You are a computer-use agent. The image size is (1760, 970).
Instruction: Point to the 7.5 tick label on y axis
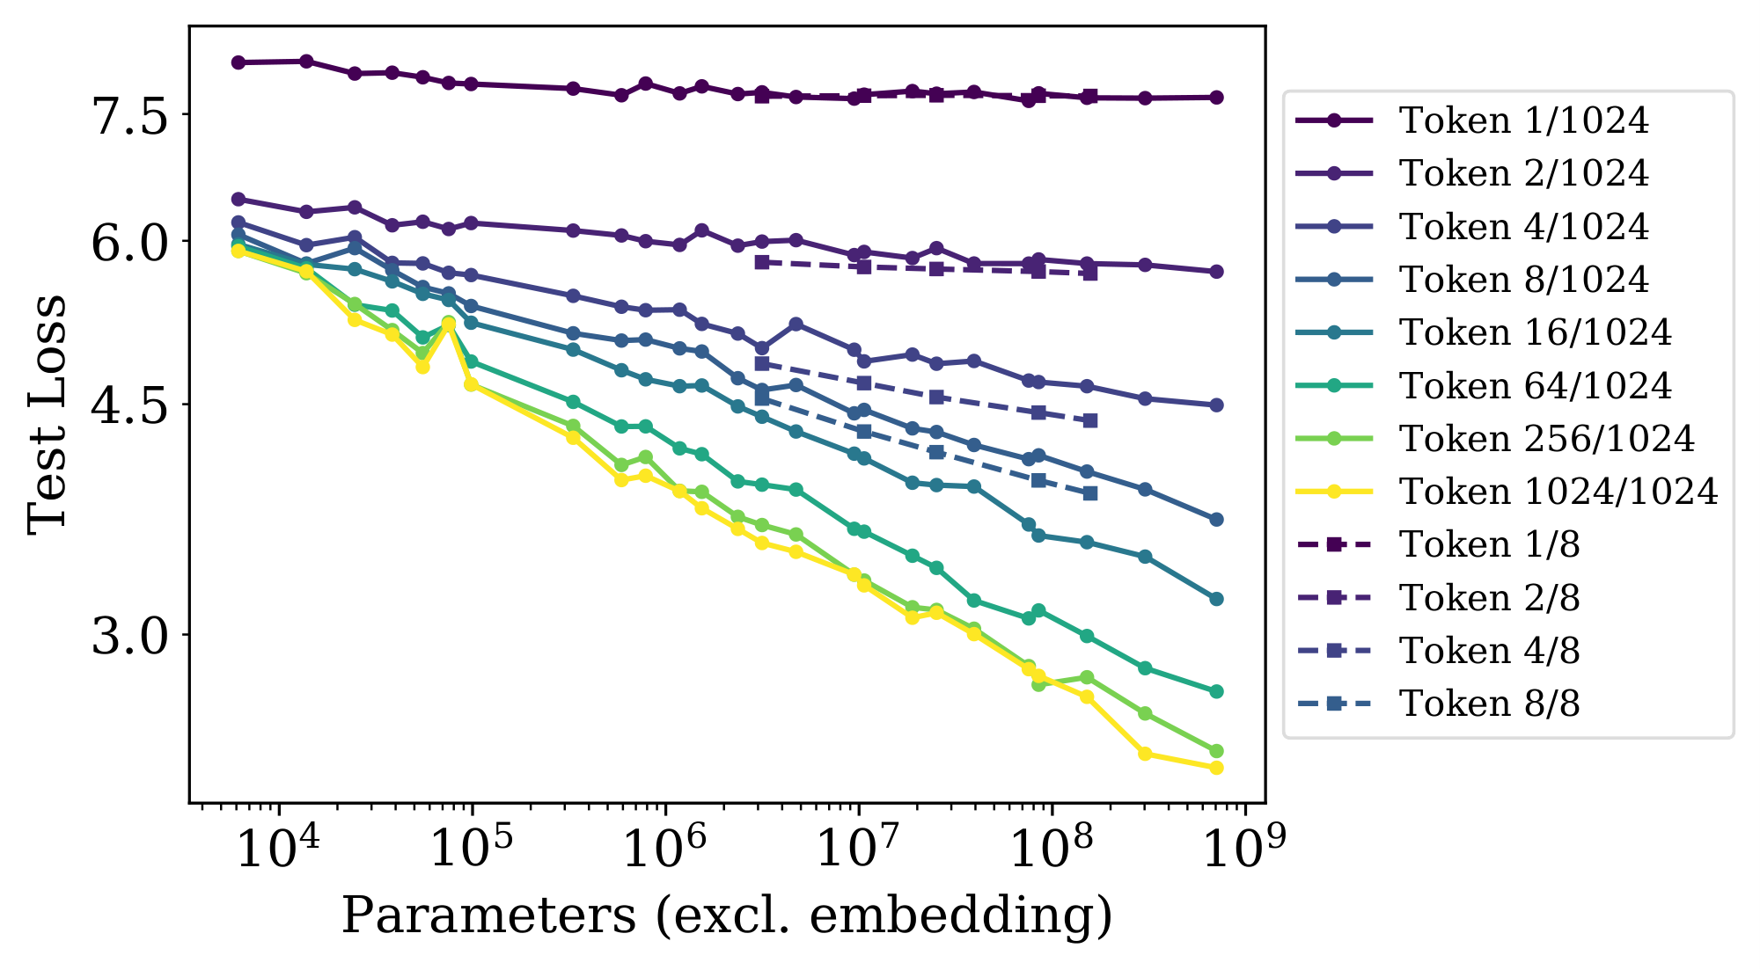pyautogui.click(x=130, y=115)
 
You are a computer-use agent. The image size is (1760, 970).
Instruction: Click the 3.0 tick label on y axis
pyautogui.click(x=130, y=635)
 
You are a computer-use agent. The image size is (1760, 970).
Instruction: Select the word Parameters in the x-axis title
pyautogui.click(x=488, y=915)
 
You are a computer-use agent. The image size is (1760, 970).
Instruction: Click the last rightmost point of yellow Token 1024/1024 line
pyautogui.click(x=1217, y=768)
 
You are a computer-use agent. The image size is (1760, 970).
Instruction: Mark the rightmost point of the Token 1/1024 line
pyautogui.click(x=1217, y=98)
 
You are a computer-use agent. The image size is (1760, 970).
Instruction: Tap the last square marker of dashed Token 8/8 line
pyautogui.click(x=1090, y=493)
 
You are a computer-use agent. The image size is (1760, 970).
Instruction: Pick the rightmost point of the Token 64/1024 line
pyautogui.click(x=1217, y=691)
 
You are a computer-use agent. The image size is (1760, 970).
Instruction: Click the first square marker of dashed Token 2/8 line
pyautogui.click(x=762, y=262)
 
